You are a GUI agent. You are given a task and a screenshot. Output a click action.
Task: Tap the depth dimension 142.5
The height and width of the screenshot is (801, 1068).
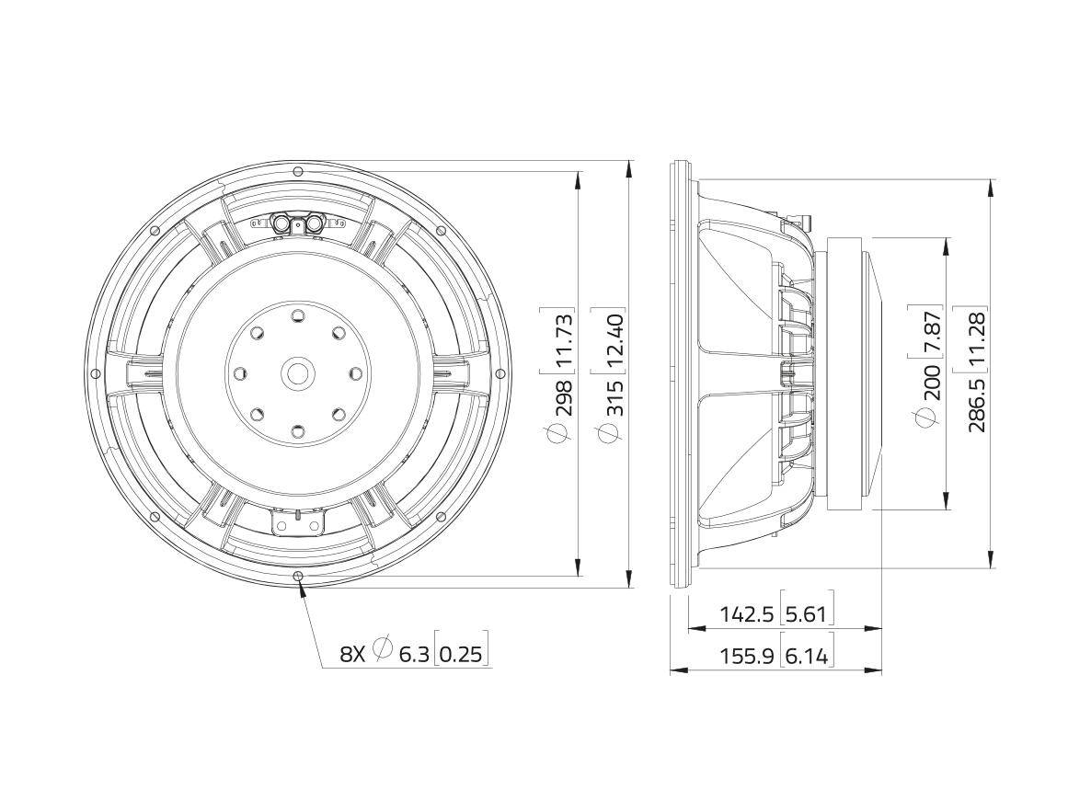click(746, 613)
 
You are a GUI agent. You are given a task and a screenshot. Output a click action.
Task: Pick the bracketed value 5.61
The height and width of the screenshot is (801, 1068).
click(807, 613)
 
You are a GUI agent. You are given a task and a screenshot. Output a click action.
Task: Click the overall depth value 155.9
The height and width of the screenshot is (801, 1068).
click(746, 655)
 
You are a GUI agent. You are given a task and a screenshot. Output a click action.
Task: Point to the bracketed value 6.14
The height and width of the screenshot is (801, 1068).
click(807, 655)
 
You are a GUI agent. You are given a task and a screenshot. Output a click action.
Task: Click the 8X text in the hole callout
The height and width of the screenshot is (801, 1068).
click(352, 654)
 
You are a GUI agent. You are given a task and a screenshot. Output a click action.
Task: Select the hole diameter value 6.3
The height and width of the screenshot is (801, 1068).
click(414, 654)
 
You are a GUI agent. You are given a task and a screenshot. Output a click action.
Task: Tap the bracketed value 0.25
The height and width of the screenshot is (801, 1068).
click(460, 654)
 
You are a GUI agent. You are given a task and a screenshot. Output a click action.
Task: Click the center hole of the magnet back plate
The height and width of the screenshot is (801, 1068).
click(297, 373)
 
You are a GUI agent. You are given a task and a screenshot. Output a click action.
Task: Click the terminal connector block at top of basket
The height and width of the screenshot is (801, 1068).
click(297, 223)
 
